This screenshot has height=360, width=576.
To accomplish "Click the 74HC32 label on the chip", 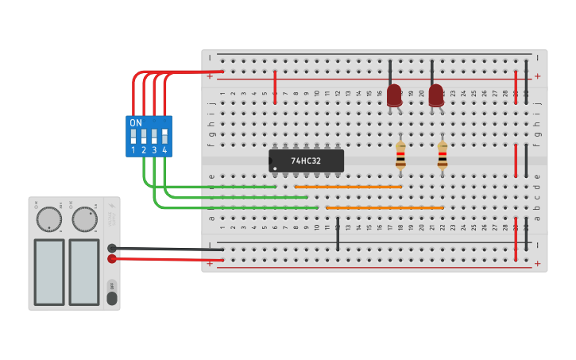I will click(x=306, y=161).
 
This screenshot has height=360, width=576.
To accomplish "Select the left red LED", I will click(x=394, y=95).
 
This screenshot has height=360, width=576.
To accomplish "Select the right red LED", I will click(x=436, y=95).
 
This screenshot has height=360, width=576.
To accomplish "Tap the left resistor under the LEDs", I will click(x=400, y=155).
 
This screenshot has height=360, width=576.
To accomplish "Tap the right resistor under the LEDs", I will click(x=443, y=155).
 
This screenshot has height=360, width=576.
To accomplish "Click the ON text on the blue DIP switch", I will click(x=136, y=123).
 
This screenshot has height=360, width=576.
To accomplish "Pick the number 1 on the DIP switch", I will click(x=133, y=150).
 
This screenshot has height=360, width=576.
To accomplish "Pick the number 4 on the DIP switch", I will click(x=164, y=150).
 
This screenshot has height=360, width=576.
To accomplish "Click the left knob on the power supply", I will click(x=49, y=219).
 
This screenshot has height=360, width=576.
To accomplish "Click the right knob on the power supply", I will click(x=84, y=219).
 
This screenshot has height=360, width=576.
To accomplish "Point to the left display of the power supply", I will click(x=48, y=272).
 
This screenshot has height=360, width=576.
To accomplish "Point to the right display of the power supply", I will click(x=83, y=272).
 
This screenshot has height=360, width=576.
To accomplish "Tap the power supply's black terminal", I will click(x=112, y=248).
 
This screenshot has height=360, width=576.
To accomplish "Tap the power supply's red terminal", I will click(x=112, y=258).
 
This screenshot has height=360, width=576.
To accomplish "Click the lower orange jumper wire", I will click(x=385, y=207).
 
